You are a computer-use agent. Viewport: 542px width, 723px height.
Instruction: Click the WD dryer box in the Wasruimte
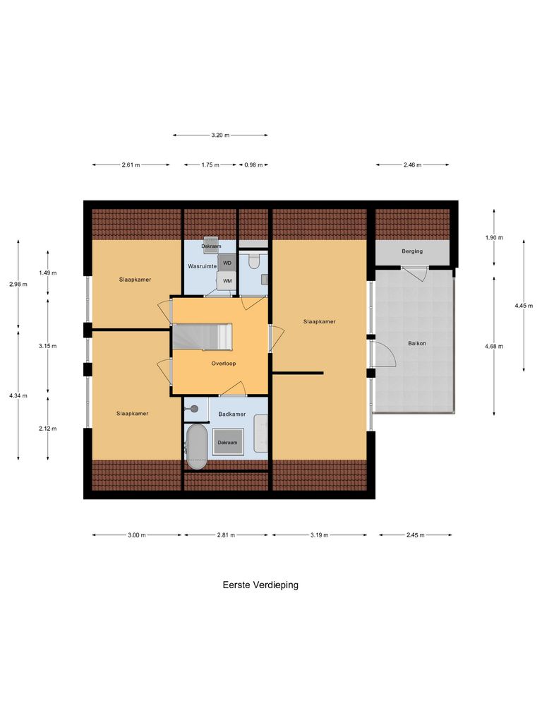point(227,263)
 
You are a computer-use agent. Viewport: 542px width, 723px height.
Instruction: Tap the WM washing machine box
point(227,280)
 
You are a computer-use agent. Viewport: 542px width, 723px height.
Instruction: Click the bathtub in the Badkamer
point(195,446)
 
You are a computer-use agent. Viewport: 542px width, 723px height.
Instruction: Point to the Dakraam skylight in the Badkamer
point(227,443)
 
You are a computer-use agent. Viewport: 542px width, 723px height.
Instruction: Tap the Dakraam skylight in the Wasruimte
point(211,246)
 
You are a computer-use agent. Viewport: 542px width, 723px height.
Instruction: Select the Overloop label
point(223,364)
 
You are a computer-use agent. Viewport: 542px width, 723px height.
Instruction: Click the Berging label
point(412,251)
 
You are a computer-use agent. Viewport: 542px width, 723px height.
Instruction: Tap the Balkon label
point(416,343)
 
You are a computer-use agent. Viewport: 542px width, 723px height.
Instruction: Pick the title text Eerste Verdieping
point(260,585)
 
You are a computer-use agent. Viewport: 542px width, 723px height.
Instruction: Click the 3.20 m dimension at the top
point(220,135)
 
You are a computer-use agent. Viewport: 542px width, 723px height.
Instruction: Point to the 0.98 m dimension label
point(253,165)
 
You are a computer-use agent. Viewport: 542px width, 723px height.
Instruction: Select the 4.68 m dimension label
point(494,346)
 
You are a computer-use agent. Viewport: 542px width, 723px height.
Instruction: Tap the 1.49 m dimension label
point(48,273)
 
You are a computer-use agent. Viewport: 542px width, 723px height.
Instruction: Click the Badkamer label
point(231,414)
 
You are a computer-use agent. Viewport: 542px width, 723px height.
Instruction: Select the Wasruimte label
point(201,266)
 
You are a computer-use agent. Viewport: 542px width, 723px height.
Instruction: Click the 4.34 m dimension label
point(18,395)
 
